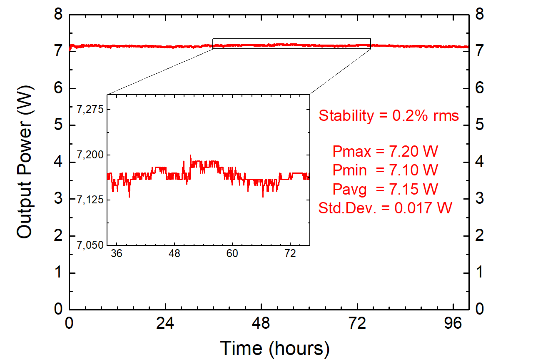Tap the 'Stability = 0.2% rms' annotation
389,115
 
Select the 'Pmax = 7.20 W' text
385,151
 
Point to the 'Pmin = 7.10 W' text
385,170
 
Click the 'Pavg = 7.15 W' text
385,189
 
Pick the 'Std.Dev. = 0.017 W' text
385,207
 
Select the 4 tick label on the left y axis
58,162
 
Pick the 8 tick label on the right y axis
480,15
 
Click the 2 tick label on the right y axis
480,236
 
